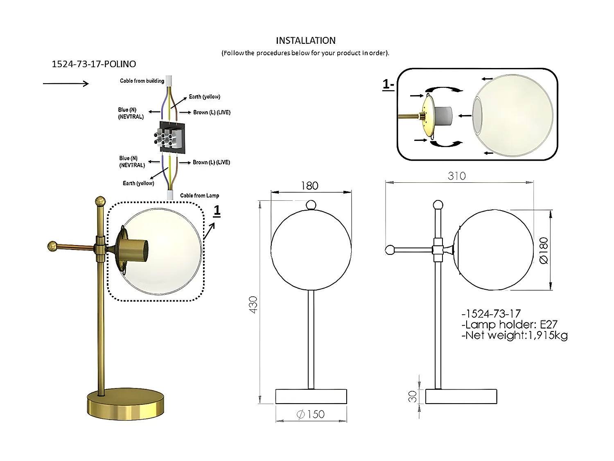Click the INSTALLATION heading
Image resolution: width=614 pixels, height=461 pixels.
pos(305,41)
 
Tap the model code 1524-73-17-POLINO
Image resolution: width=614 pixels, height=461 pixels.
pos(94,64)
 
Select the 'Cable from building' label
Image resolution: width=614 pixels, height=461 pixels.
pos(142,81)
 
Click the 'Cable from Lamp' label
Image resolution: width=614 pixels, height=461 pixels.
pos(199,195)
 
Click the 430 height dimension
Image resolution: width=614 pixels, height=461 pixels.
pos(253,304)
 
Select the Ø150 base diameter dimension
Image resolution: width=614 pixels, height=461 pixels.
pos(311,414)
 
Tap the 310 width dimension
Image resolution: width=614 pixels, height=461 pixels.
pos(456,176)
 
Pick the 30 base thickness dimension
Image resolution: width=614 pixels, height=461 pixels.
pos(413,396)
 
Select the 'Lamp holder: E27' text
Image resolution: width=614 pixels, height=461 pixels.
pos(509,325)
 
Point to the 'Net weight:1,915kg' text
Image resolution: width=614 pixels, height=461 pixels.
pos(514,336)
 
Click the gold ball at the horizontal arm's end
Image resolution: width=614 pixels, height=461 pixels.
pos(52,246)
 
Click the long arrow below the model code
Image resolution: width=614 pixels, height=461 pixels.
pos(65,84)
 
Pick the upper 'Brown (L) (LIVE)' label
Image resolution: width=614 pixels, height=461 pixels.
pos(212,112)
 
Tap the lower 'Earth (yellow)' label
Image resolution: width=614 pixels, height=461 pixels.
pos(138,183)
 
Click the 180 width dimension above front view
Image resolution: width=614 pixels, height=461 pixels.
pos(309,186)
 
